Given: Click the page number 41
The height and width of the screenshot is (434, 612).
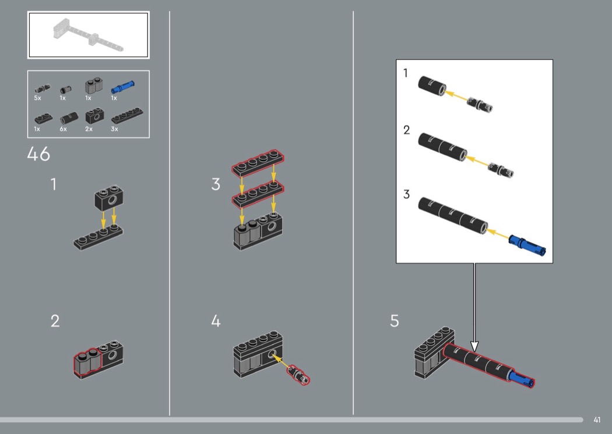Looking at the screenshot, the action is (x=597, y=419).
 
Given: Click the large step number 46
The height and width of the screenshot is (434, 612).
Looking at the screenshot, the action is (x=38, y=154).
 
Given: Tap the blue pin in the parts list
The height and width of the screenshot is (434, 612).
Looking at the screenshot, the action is (x=122, y=87).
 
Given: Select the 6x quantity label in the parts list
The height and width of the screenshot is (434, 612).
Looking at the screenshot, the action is (x=63, y=129).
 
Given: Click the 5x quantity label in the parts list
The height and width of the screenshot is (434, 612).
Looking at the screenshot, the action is (x=37, y=98).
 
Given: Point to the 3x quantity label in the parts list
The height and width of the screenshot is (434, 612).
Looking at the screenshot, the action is (x=114, y=129).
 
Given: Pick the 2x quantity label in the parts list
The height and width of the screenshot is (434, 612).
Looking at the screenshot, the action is (x=89, y=129).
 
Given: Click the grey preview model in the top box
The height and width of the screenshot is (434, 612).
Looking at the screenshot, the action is (x=88, y=35).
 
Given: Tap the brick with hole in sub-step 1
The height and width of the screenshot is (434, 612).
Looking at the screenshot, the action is (x=109, y=198).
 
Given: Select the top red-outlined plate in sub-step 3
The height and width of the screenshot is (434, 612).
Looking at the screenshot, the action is (x=258, y=162).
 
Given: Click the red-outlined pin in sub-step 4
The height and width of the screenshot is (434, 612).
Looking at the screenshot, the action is (x=298, y=375).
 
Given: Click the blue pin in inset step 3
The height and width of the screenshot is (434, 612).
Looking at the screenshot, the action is (x=527, y=246).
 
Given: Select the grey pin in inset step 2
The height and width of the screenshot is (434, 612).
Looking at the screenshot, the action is (x=501, y=170).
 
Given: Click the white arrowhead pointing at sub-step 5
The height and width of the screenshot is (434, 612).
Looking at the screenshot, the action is (x=474, y=346).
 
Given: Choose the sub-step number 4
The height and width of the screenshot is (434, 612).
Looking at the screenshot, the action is (x=216, y=321).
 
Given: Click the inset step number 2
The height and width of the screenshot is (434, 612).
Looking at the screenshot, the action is (x=407, y=130).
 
